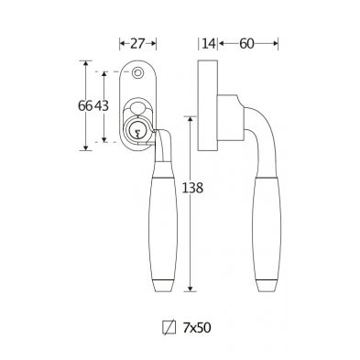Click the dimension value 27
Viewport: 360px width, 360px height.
pyautogui.click(x=136, y=44)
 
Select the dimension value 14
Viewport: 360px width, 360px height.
pyautogui.click(x=209, y=44)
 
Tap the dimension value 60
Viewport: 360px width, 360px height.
pyautogui.click(x=246, y=44)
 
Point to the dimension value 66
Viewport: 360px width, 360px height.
pyautogui.click(x=85, y=106)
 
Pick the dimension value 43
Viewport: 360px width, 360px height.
pyautogui.click(x=102, y=106)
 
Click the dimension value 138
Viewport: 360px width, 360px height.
pyautogui.click(x=192, y=188)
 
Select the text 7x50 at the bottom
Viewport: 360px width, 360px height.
pyautogui.click(x=197, y=328)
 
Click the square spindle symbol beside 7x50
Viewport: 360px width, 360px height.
pyautogui.click(x=169, y=328)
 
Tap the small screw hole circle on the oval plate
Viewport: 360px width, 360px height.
pyautogui.click(x=137, y=72)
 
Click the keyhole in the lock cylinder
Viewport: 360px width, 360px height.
pyautogui.click(x=137, y=133)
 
